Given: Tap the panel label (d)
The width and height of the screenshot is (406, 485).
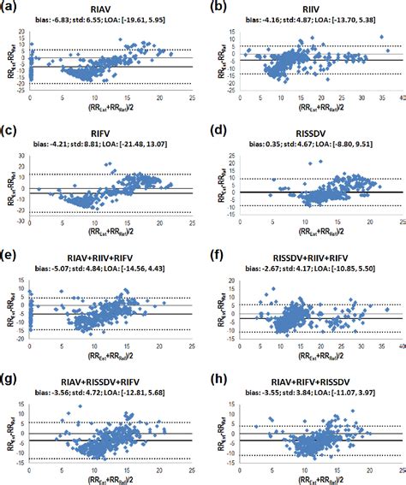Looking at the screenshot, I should [x=218, y=130].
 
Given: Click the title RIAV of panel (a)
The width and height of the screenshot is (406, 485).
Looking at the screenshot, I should [x=103, y=8].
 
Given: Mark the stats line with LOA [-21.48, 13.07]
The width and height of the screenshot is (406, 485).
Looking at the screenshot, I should [x=103, y=142].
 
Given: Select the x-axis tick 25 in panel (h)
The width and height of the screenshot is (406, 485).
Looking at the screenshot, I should [x=397, y=466].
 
